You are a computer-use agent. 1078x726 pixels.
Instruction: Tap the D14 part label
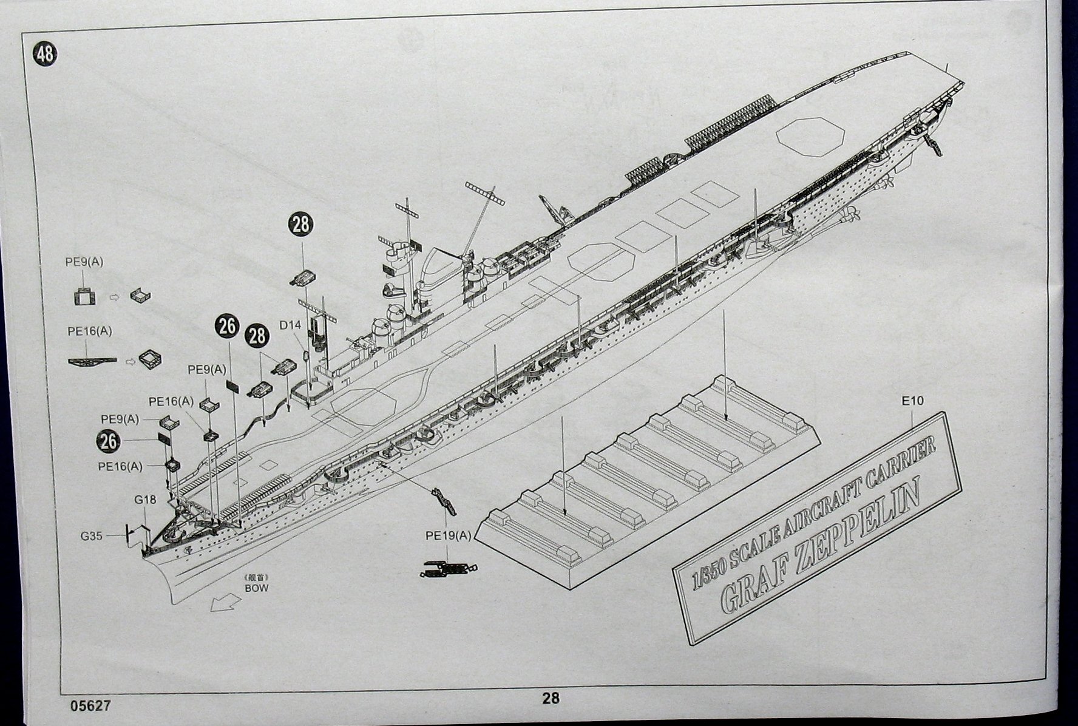click(x=290, y=325)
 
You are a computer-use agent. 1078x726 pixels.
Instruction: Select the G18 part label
click(x=145, y=500)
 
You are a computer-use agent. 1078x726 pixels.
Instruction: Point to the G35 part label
click(x=92, y=536)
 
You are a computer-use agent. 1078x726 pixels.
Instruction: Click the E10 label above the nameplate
click(x=912, y=401)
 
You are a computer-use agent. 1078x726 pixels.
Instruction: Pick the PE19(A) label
click(x=449, y=535)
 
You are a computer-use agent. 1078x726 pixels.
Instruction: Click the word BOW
click(x=256, y=588)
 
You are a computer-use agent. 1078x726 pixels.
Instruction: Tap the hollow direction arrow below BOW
click(x=222, y=602)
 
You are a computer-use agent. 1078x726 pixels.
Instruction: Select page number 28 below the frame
click(x=551, y=699)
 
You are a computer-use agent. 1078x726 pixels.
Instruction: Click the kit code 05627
click(x=90, y=706)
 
